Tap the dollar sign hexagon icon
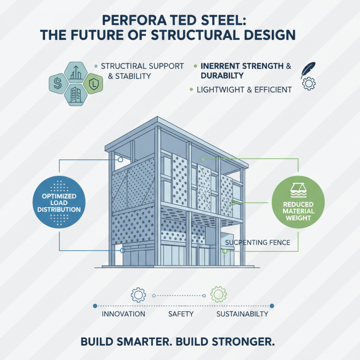pos(58,83)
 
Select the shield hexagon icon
pos(92,83)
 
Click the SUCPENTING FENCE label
pos(257,243)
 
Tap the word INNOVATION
pos(123,314)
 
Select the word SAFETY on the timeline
pos(180,314)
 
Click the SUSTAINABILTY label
pos(242,314)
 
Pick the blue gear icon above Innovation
pos(138,295)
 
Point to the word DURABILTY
pos(220,76)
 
